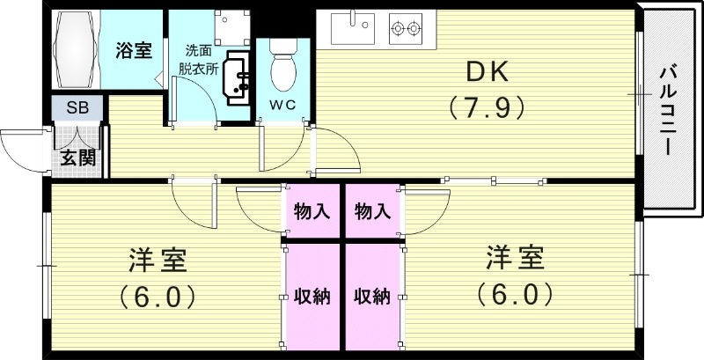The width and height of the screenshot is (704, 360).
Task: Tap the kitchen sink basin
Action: click(354, 28)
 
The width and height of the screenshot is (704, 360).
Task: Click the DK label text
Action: click(486, 72)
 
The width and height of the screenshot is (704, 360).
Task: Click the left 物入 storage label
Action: click(312, 211)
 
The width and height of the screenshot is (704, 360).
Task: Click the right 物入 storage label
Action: click(372, 211)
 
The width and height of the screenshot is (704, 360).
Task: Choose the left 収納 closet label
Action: click(312, 295)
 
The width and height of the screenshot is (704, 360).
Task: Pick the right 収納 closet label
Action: click(372, 295)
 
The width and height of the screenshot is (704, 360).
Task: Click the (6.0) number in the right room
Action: click(516, 293)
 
